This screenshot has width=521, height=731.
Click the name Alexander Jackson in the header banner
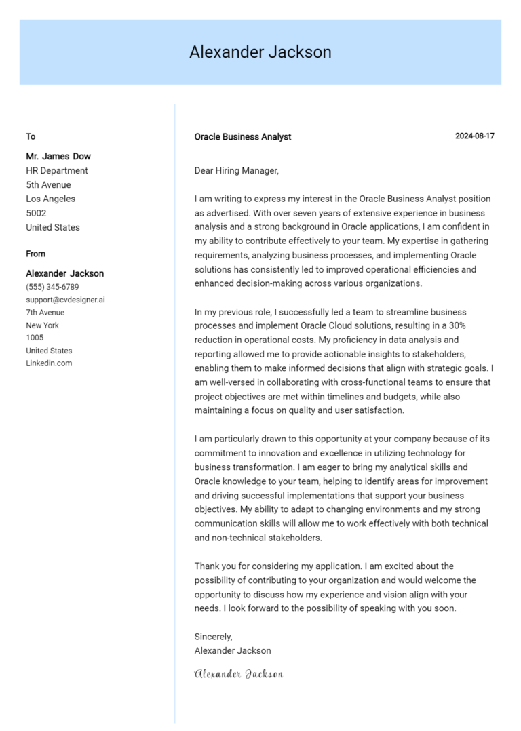260,52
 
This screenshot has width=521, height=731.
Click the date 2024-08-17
474,136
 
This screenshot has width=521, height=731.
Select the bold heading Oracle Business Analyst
242,137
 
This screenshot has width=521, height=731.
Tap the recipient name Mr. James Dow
58,156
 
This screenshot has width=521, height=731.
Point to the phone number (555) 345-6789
52,287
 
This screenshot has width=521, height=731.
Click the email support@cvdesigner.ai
65,300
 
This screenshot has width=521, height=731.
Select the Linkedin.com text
49,363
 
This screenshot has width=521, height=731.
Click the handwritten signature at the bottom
238,674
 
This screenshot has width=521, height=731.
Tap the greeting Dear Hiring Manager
236,171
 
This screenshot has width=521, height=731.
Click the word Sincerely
213,637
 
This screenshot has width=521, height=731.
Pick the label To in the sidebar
31,136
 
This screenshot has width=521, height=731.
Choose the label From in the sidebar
36,254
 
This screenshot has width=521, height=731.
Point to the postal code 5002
36,213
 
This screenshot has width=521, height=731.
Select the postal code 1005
35,338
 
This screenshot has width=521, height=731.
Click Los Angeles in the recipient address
51,199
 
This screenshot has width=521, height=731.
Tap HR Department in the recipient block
57,171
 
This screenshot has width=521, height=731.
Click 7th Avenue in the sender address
45,313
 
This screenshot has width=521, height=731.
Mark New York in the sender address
42,325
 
